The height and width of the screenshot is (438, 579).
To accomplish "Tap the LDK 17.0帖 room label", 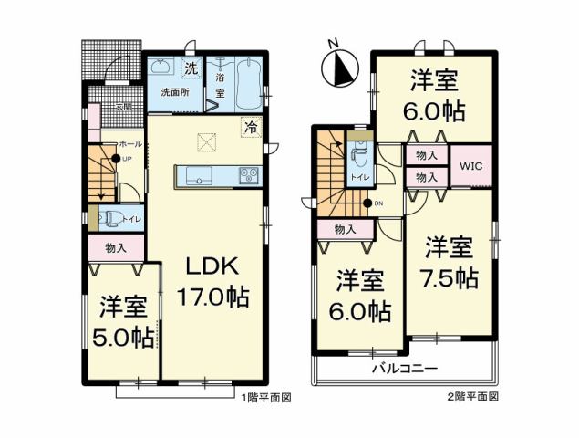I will click(x=212, y=282).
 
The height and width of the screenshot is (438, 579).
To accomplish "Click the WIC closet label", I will click(x=471, y=167).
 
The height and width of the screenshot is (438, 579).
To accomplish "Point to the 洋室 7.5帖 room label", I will click(x=451, y=264).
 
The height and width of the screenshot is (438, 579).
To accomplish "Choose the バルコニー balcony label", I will click(x=405, y=370).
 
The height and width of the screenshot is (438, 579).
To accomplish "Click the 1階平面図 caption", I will click(x=265, y=398).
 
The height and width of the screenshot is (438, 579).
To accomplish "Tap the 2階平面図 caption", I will click(x=472, y=398).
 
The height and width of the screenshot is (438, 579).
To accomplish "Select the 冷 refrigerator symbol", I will click(x=249, y=129).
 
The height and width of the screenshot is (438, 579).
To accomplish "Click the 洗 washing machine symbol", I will click(x=191, y=68).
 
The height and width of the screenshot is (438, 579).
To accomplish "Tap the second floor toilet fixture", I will click(x=357, y=150).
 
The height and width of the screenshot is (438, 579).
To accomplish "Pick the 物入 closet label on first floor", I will click(x=116, y=246).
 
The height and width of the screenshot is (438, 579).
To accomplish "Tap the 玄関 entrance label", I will click(x=122, y=107).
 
